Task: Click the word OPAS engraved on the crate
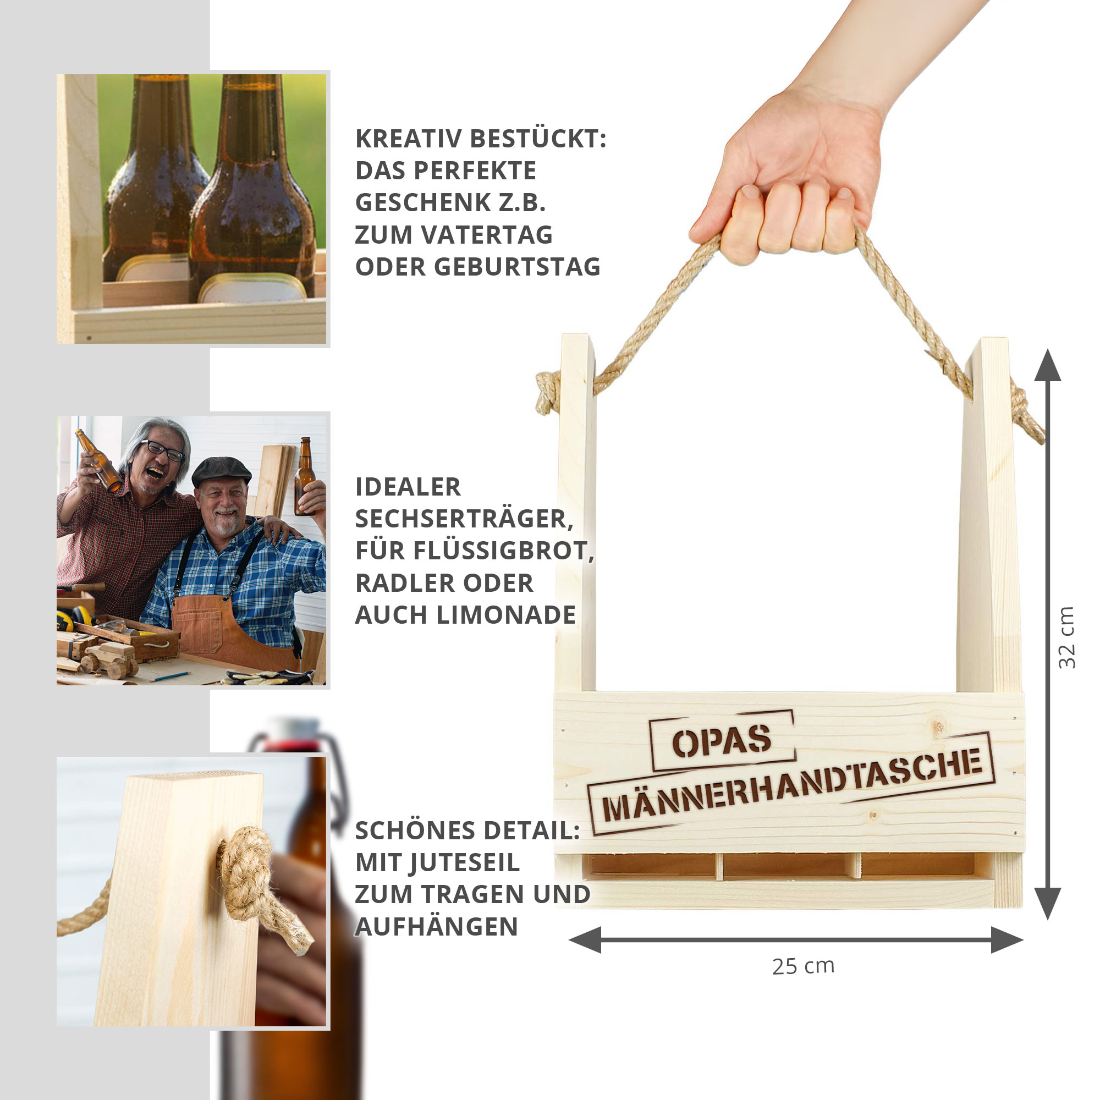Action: (722, 741)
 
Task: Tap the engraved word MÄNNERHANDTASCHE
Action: (792, 787)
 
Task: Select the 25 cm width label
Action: (804, 966)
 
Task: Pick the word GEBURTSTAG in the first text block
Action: (517, 266)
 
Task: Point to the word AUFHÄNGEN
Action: (436, 926)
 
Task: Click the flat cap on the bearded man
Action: (221, 471)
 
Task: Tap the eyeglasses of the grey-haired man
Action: (162, 449)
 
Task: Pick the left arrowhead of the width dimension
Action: (585, 939)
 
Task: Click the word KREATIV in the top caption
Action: (408, 139)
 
